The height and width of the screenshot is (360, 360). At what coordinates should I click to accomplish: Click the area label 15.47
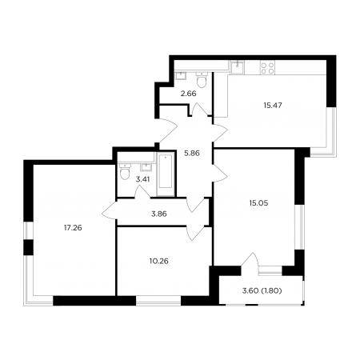[x=273, y=106]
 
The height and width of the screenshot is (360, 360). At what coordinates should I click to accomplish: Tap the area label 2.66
[x=188, y=94]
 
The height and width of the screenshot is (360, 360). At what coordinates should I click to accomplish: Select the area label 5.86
[x=192, y=154]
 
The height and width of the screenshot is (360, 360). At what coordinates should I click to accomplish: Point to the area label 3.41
[x=142, y=179]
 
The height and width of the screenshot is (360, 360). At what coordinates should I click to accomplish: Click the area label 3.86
[x=159, y=214]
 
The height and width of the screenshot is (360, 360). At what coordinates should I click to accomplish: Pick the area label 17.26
[x=73, y=228]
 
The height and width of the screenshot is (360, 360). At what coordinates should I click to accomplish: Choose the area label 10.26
[x=159, y=261]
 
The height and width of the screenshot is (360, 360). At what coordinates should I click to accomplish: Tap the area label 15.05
[x=258, y=203]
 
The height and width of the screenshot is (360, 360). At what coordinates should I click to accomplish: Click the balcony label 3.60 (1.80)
[x=262, y=290]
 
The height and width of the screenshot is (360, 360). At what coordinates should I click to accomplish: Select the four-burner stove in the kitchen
[x=267, y=68]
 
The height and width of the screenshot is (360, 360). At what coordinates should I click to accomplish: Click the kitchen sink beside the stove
[x=237, y=67]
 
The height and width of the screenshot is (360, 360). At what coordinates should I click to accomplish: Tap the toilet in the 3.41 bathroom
[x=125, y=171]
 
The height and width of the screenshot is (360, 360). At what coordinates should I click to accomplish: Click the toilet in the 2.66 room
[x=202, y=79]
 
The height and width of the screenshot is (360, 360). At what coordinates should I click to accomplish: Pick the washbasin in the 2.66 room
[x=182, y=76]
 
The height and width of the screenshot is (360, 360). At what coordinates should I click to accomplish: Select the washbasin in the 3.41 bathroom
[x=146, y=167]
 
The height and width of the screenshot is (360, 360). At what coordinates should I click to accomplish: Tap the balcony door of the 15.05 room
[x=250, y=260]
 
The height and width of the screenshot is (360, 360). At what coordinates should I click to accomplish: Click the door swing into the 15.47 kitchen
[x=220, y=133]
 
